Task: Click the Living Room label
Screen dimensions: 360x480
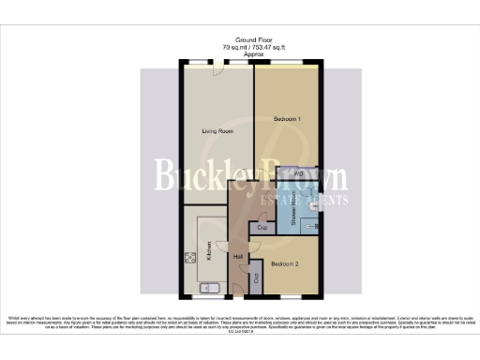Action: [x=217, y=131]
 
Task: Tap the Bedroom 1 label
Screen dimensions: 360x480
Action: [x=286, y=120]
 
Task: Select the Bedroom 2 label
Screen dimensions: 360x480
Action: [x=285, y=264]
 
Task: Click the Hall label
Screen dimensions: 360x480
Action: [x=238, y=256]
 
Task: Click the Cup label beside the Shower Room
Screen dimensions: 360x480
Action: [x=262, y=229]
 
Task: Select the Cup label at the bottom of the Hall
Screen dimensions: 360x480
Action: [x=255, y=277]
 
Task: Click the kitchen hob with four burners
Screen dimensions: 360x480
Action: [x=191, y=258]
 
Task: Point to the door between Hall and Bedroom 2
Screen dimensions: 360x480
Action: [x=252, y=246]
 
